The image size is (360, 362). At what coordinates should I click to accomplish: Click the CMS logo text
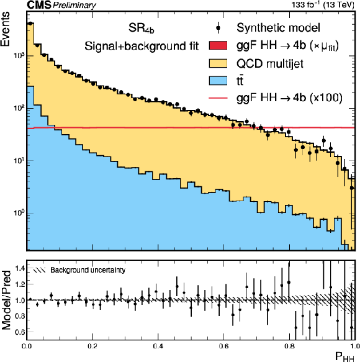(x=38, y=4)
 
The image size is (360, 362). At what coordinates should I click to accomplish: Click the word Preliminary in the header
(x=74, y=6)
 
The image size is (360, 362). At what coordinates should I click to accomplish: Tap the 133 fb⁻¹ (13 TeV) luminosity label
(x=323, y=4)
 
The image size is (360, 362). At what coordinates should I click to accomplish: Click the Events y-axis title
(x=5, y=29)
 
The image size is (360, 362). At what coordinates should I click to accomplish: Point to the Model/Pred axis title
(x=6, y=300)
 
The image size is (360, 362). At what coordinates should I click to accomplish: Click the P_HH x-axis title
(x=344, y=356)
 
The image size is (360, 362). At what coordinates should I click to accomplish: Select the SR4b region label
(x=142, y=29)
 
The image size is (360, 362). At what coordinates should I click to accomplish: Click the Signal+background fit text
(x=142, y=46)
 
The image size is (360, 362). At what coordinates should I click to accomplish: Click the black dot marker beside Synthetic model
(x=218, y=28)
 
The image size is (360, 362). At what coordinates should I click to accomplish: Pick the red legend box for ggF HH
(x=218, y=45)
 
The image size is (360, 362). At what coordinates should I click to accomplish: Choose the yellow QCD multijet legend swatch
(x=218, y=63)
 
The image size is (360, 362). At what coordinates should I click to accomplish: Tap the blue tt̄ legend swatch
(x=218, y=81)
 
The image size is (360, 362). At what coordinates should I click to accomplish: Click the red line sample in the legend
(x=218, y=98)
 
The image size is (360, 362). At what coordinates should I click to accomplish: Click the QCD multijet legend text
(x=270, y=63)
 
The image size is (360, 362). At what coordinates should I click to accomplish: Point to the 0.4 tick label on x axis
(x=158, y=346)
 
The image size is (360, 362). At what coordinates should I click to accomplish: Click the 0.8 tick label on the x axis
(x=289, y=346)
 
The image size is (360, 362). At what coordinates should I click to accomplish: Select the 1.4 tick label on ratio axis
(x=19, y=268)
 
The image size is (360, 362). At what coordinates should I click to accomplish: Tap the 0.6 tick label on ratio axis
(x=19, y=332)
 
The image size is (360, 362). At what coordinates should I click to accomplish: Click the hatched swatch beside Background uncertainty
(x=40, y=270)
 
